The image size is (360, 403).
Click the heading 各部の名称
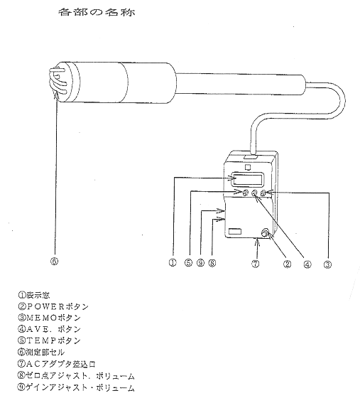click(97, 12)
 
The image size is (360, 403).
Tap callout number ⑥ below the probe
click(54, 262)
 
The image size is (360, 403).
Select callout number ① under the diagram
click(173, 263)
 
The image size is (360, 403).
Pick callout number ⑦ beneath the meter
click(255, 264)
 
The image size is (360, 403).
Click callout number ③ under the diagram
click(327, 264)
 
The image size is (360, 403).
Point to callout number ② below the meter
click(287, 264)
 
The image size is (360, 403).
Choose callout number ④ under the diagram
click(307, 264)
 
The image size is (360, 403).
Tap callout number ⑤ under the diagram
click(188, 263)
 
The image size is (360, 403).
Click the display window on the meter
click(248, 179)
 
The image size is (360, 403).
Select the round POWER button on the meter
click(265, 233)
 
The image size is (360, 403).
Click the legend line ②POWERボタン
click(53, 306)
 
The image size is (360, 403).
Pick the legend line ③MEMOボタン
click(49, 318)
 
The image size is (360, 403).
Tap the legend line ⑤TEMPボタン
click(49, 340)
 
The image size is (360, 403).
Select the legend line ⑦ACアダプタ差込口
click(57, 364)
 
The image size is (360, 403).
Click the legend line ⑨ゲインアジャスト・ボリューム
click(76, 387)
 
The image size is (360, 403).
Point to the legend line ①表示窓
click(33, 295)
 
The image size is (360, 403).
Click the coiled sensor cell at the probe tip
click(58, 82)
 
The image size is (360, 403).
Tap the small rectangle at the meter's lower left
click(235, 231)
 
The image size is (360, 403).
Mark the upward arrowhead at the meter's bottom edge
click(258, 240)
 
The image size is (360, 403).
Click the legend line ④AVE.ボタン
click(49, 329)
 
